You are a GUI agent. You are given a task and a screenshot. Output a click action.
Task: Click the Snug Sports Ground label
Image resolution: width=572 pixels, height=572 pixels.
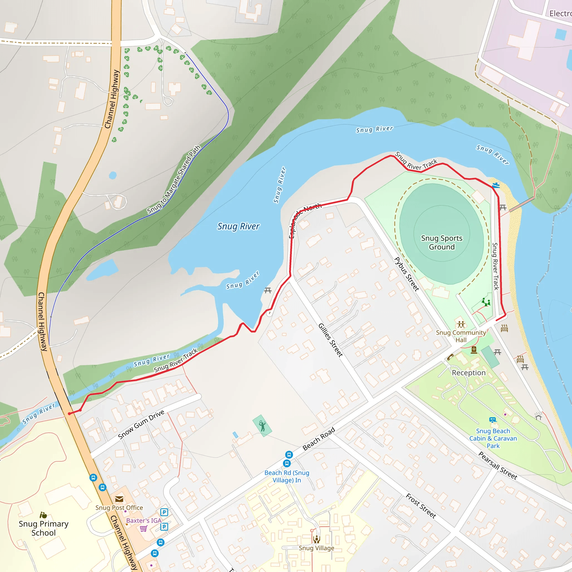pos(442,242)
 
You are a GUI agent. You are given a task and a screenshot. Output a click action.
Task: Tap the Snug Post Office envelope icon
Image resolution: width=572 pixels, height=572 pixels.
pos(119,499)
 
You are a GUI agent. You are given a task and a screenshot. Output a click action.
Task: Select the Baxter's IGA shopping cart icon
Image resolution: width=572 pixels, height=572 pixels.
pos(144,528)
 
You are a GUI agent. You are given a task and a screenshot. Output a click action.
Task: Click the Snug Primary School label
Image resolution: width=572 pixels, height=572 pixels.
pos(44,528)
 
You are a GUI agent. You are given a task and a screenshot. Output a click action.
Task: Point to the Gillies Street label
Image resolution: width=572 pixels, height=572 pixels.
pos(330,340)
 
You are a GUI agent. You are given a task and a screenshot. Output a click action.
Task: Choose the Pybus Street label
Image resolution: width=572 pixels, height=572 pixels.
pos(407,274)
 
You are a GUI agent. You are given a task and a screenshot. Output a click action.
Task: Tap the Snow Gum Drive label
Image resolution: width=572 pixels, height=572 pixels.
pos(141,424)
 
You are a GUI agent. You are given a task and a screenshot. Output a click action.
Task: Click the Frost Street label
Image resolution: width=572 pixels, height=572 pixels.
pos(421,506)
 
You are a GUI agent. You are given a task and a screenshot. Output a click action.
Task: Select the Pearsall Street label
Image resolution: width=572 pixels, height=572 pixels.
pos(498,465)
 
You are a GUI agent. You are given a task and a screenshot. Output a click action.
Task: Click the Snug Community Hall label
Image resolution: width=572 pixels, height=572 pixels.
pos(461,336)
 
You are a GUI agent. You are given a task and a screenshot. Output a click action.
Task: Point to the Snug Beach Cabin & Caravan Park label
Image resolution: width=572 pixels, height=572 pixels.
pos(493,438)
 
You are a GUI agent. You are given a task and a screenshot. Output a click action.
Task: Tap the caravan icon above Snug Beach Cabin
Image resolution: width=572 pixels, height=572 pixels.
pos(493,420)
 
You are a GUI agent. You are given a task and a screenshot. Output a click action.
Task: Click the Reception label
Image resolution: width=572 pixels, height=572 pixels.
pos(469,373)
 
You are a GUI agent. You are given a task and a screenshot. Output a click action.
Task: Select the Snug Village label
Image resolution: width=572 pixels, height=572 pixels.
pos(316,548)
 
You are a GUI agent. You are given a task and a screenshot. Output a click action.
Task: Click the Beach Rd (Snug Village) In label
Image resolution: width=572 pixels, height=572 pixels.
pos(287,476)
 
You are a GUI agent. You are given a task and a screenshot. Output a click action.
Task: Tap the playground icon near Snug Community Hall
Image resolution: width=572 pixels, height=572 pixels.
pos(486,302)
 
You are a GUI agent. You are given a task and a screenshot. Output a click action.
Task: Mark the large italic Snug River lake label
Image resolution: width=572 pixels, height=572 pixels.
pos(238,227)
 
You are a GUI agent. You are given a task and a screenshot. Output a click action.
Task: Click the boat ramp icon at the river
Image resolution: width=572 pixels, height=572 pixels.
pos(496,185)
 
